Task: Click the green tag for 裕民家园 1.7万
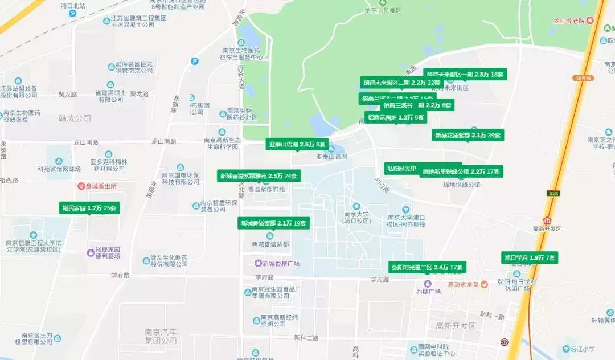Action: click(89, 208)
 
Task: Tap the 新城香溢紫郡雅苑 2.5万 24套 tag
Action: click(259, 176)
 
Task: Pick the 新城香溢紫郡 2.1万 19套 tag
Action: click(274, 224)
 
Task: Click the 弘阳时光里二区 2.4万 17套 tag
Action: click(427, 267)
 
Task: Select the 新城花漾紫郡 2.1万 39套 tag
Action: click(468, 136)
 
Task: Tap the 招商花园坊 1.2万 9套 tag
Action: click(396, 118)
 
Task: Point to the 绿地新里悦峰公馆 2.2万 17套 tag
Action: click(461, 171)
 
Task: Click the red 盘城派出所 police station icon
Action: click(81, 186)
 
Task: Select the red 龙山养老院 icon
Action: click(590, 21)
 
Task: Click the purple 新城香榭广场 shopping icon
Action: click(258, 263)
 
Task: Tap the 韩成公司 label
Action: click(75, 118)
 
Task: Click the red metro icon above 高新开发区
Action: click(547, 220)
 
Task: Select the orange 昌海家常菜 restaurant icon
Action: click(484, 284)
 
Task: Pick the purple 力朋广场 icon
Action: click(428, 284)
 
